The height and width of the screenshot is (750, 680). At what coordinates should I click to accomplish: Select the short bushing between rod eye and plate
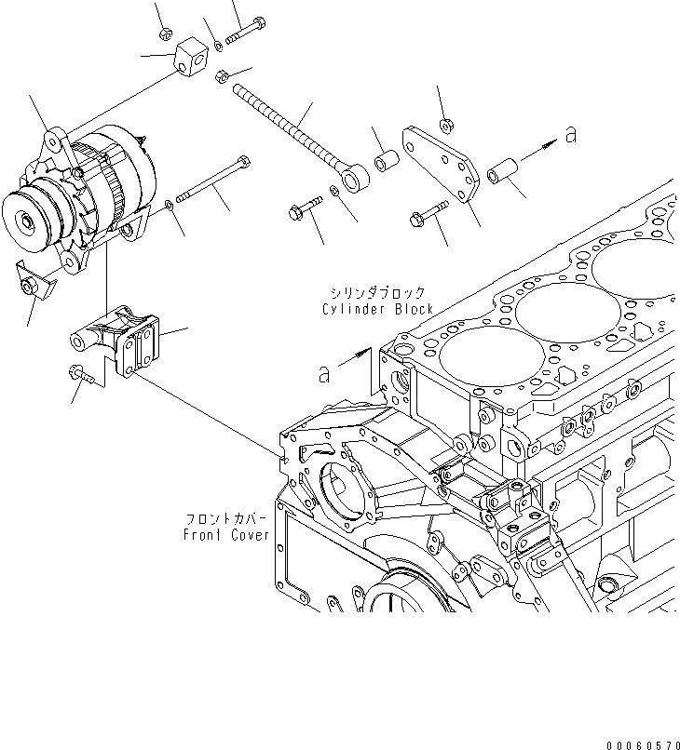387,161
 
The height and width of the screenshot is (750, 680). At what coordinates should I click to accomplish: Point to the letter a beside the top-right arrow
570,135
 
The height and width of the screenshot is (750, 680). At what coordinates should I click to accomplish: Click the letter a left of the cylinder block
324,374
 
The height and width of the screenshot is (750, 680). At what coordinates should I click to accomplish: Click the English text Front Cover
226,535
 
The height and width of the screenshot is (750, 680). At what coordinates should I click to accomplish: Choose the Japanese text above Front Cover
227,518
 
